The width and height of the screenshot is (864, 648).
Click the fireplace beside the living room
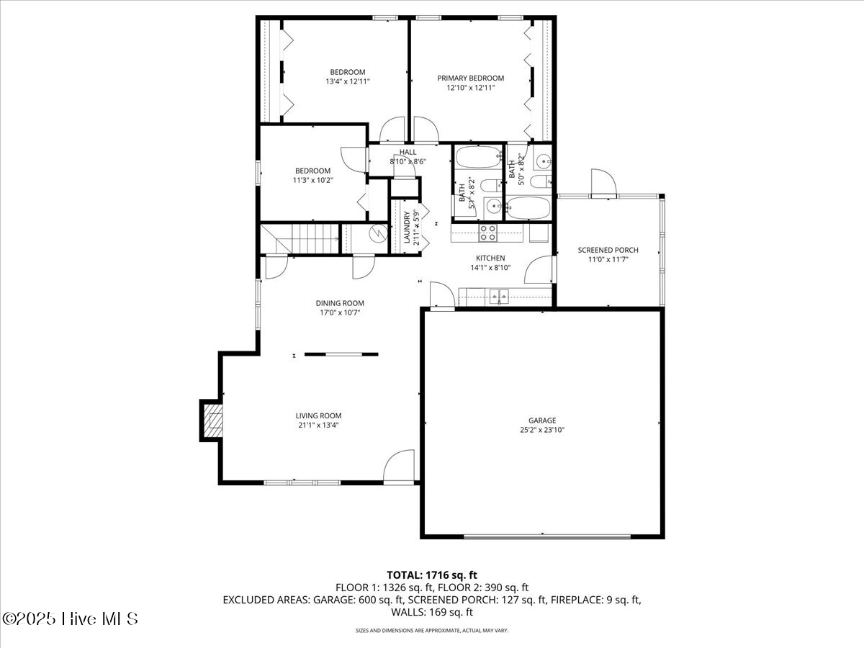(212, 420)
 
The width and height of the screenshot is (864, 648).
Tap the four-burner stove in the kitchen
(488, 232)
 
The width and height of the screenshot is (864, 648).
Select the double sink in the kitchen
(498, 296)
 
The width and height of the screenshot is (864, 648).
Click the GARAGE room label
(542, 420)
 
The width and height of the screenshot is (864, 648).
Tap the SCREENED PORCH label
(608, 251)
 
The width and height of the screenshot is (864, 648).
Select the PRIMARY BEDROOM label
(471, 78)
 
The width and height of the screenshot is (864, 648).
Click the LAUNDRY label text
(408, 227)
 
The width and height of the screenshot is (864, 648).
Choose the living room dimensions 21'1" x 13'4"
(318, 425)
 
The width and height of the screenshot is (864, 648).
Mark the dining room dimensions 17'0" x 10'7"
(340, 312)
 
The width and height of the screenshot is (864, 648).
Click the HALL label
(408, 152)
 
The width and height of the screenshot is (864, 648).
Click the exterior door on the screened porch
(603, 183)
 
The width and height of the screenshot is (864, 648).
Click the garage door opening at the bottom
(547, 536)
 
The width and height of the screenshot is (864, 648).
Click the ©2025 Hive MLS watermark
(70, 618)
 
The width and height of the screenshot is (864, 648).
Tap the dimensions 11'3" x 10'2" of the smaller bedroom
(312, 180)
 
